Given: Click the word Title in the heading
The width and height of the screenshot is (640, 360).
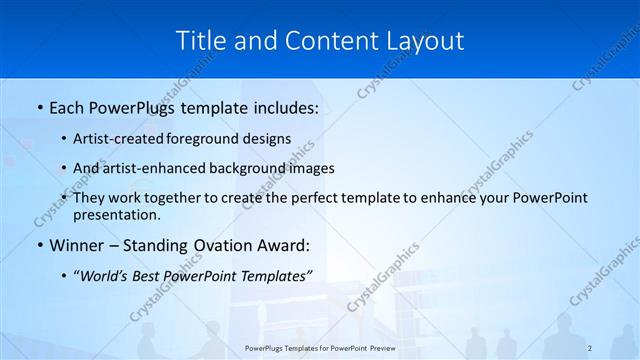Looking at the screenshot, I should pos(200,41).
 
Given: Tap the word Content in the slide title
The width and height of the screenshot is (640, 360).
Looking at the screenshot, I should pos(323,41).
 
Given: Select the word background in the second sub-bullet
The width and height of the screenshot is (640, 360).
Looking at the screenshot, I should pos(254,168).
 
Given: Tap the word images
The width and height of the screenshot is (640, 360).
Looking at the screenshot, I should pos(312,168).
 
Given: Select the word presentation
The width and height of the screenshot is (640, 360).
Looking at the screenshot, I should pos(116,214).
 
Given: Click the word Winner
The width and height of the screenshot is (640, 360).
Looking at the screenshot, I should pos(76,245).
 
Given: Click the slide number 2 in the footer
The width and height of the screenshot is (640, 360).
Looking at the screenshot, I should pos(591,347).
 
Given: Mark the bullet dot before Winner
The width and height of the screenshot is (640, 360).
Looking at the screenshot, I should pos(38,246).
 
